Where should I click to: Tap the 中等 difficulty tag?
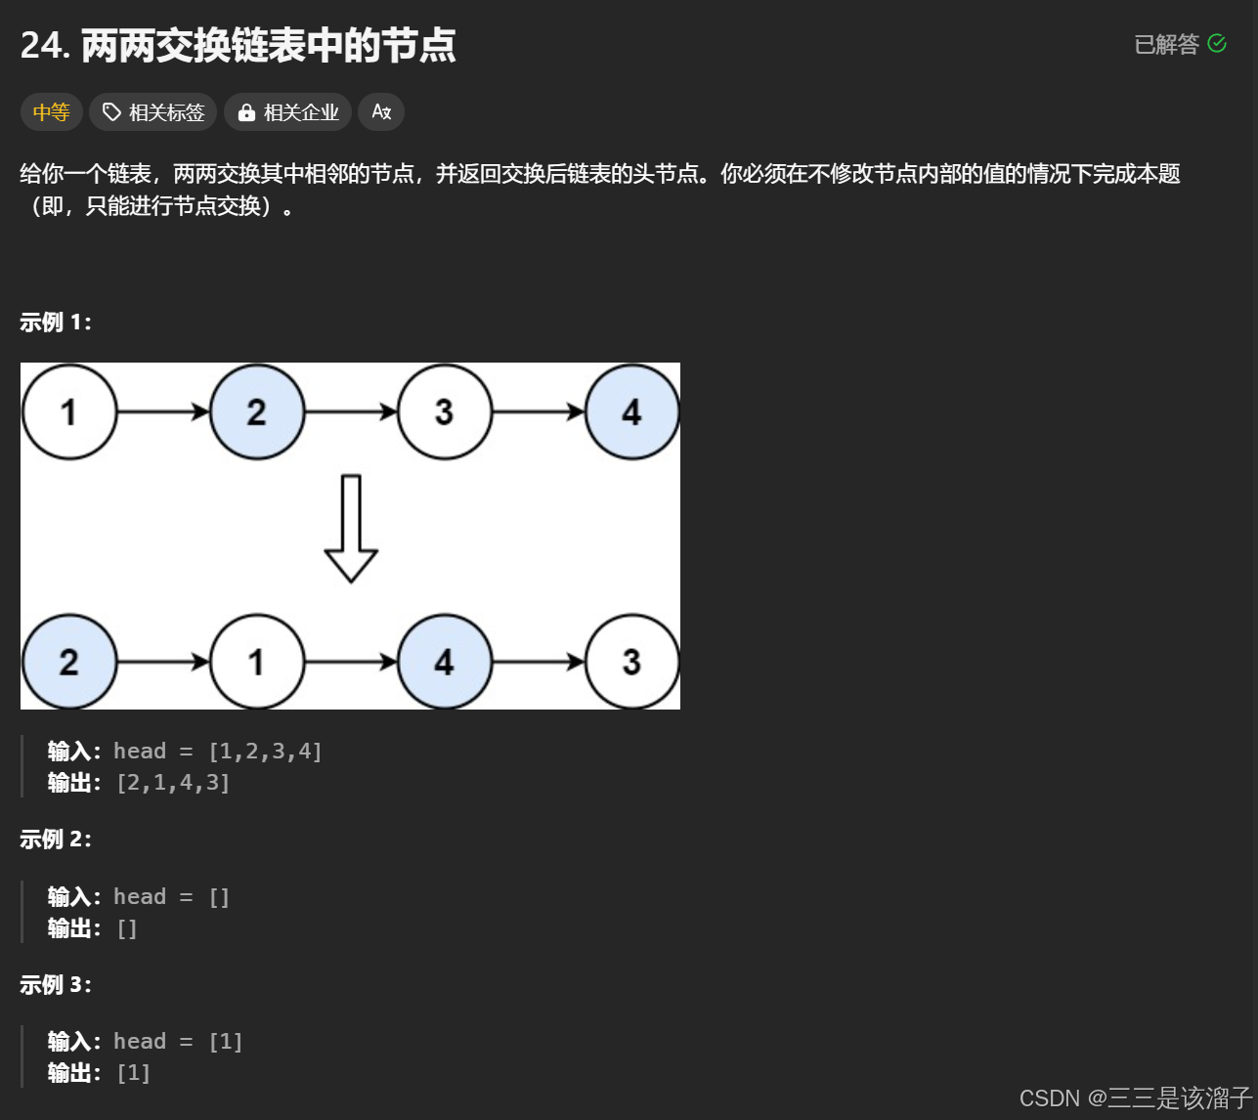click(51, 112)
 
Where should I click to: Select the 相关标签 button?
click(153, 112)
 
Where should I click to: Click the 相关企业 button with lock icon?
click(288, 112)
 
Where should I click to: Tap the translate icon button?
click(381, 112)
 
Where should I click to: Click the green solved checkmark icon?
click(1217, 43)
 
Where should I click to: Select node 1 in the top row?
click(69, 411)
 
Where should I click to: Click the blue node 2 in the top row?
click(257, 411)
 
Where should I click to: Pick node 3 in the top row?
click(444, 411)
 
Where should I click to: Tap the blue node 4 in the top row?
click(631, 411)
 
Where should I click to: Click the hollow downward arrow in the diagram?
click(351, 528)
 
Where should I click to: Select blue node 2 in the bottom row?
click(69, 662)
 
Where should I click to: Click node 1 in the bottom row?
click(257, 662)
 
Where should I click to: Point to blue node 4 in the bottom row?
click(444, 662)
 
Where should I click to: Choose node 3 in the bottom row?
click(631, 662)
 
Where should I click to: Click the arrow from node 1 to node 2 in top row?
click(163, 411)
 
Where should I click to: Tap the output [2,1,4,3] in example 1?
click(173, 783)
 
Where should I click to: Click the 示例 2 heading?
click(56, 840)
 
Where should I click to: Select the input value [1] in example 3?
click(226, 1042)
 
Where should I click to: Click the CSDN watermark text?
click(1135, 1098)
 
